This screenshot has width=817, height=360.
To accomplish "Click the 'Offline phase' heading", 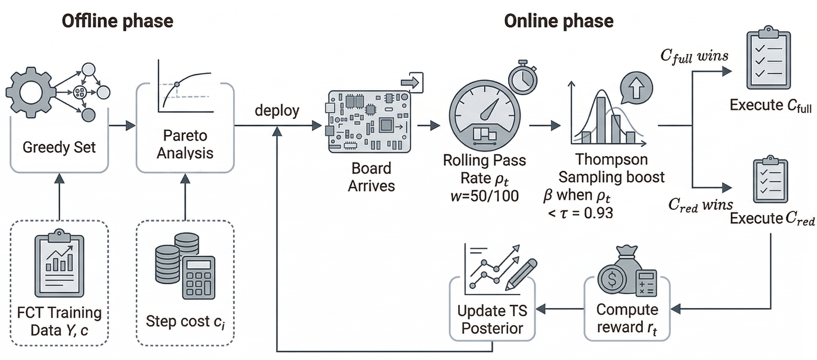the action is [117, 22].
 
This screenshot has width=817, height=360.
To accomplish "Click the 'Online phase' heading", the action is [559, 22].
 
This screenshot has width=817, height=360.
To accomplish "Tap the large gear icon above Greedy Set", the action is [31, 92].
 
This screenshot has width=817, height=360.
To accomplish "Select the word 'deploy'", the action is [277, 111].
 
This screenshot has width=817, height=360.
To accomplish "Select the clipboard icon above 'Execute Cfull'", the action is [768, 58].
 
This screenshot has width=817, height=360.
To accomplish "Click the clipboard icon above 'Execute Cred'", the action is [770, 179].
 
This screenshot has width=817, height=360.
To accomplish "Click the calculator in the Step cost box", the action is [199, 278].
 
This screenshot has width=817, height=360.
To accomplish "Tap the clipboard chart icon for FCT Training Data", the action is [59, 263].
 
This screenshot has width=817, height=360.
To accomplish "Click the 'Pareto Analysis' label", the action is [185, 144].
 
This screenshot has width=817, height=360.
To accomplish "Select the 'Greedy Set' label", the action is [59, 147].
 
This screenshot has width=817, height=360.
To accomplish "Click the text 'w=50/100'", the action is [484, 196].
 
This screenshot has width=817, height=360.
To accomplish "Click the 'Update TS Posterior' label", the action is [492, 319].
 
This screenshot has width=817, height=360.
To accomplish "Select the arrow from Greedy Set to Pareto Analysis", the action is [122, 126].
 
